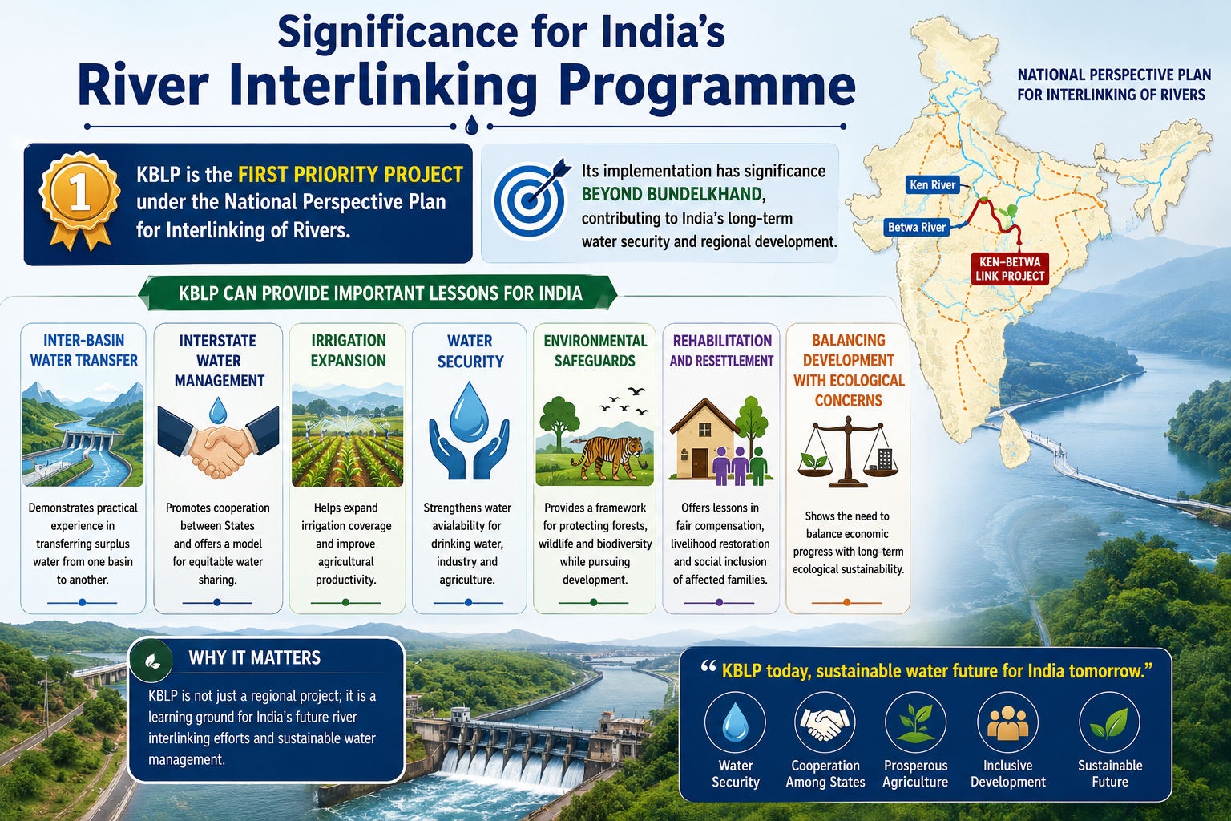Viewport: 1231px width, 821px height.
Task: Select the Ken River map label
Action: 933,184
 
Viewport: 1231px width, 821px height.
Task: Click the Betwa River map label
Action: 917,227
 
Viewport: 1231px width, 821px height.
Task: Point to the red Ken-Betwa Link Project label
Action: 1010,269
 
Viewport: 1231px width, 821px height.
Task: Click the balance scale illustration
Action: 848,452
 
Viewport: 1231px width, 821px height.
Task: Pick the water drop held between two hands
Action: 470,410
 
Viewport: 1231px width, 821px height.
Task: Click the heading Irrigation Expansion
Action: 349,350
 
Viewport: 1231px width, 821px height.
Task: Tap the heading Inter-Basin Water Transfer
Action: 83,350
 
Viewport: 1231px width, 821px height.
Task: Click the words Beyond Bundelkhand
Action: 672,194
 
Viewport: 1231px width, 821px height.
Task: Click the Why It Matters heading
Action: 254,657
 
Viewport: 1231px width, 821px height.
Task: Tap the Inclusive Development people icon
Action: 1007,722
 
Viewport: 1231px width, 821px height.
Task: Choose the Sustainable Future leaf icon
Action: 1109,722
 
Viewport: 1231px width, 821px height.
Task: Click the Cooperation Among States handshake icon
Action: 825,722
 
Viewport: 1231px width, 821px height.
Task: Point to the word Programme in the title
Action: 708,87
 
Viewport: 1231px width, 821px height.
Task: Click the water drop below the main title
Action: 471,125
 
